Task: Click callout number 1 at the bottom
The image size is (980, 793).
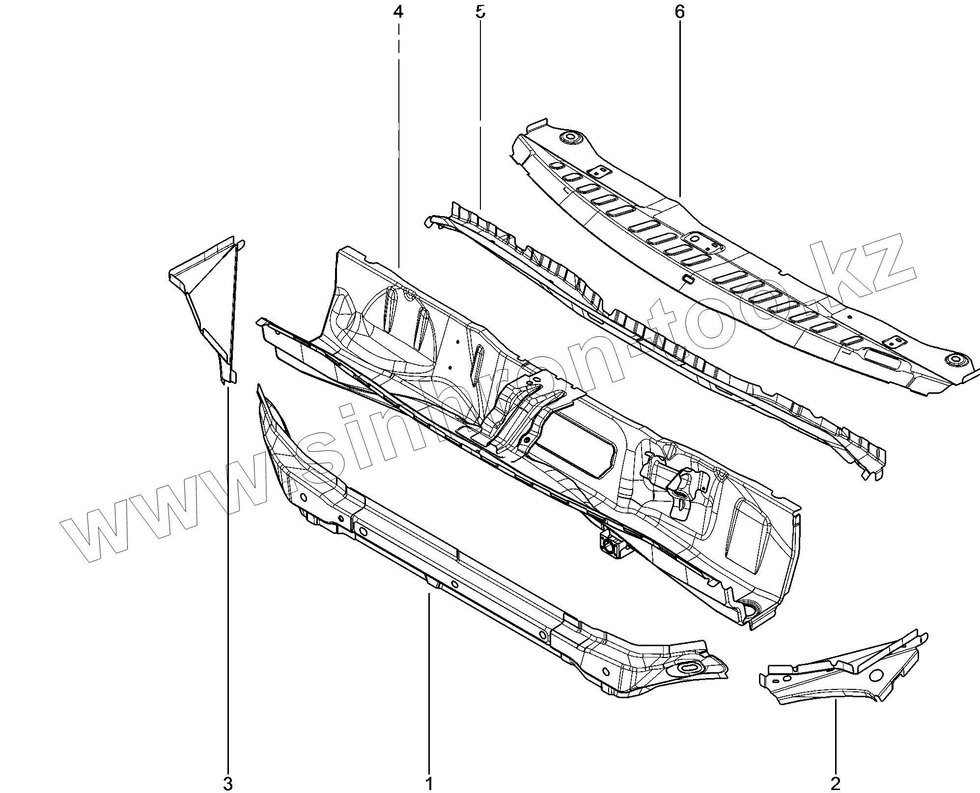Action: pos(429,784)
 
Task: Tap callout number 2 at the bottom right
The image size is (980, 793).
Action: pos(836,784)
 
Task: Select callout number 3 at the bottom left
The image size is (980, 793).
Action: pos(227,784)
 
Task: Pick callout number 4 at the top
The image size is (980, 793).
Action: pos(398,12)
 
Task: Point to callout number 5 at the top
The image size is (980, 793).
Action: pos(480,12)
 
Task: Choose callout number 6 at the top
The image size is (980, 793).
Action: pos(679,12)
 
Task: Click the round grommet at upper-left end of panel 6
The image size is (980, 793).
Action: pos(570,137)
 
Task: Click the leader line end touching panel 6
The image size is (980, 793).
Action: pos(680,197)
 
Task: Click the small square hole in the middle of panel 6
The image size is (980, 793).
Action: pos(686,280)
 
